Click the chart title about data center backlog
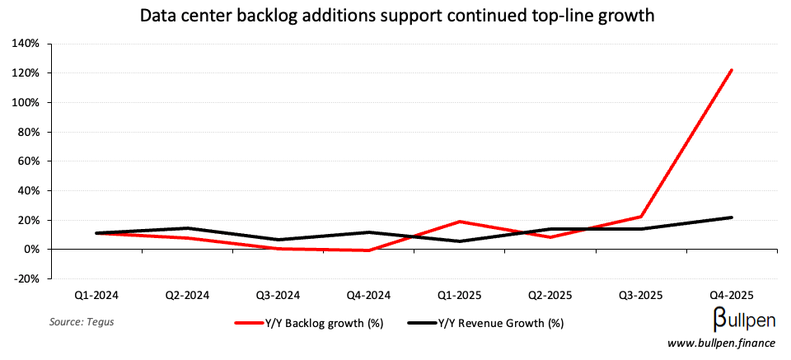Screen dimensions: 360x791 tap(395, 16)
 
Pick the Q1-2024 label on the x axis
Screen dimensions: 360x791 tap(97, 294)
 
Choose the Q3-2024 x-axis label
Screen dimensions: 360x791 tap(278, 294)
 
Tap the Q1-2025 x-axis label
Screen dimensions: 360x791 tap(459, 294)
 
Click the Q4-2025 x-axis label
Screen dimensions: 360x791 tap(731, 294)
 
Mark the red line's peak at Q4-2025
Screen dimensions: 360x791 tap(731, 70)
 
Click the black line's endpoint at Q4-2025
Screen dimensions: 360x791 tap(731, 217)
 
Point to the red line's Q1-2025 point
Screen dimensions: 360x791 tap(459, 222)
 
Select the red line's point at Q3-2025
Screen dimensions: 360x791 tap(640, 217)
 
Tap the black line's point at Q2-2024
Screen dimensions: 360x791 tap(188, 228)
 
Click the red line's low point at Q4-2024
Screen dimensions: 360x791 tap(368, 250)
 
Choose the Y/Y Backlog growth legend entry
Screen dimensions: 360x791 tap(309, 323)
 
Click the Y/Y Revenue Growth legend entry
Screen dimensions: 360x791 tap(486, 323)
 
